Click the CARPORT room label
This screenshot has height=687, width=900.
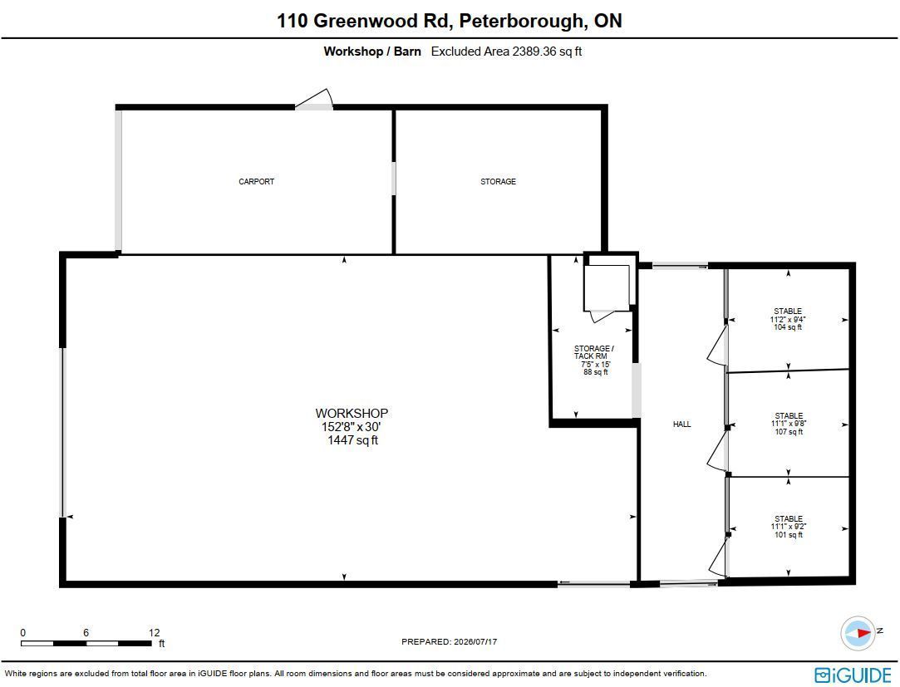(x=256, y=181)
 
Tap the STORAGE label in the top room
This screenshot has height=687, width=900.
(x=498, y=181)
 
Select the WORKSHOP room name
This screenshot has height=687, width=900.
(x=352, y=413)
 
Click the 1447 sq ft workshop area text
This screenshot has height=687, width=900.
(x=352, y=440)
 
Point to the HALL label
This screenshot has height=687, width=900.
(x=682, y=424)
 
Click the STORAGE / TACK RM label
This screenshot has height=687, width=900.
(x=593, y=352)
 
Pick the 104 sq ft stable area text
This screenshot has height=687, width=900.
(x=788, y=327)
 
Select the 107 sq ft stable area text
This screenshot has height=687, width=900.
(x=789, y=432)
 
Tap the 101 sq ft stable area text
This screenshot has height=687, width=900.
(x=789, y=535)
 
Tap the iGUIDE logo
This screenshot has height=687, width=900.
(x=853, y=675)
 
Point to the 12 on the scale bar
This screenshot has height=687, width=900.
(x=154, y=632)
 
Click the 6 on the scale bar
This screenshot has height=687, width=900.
(x=86, y=632)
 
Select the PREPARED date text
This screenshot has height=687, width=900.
(x=449, y=641)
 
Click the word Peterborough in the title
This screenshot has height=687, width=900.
(x=520, y=22)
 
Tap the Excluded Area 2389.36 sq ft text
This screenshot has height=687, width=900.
(x=506, y=51)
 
